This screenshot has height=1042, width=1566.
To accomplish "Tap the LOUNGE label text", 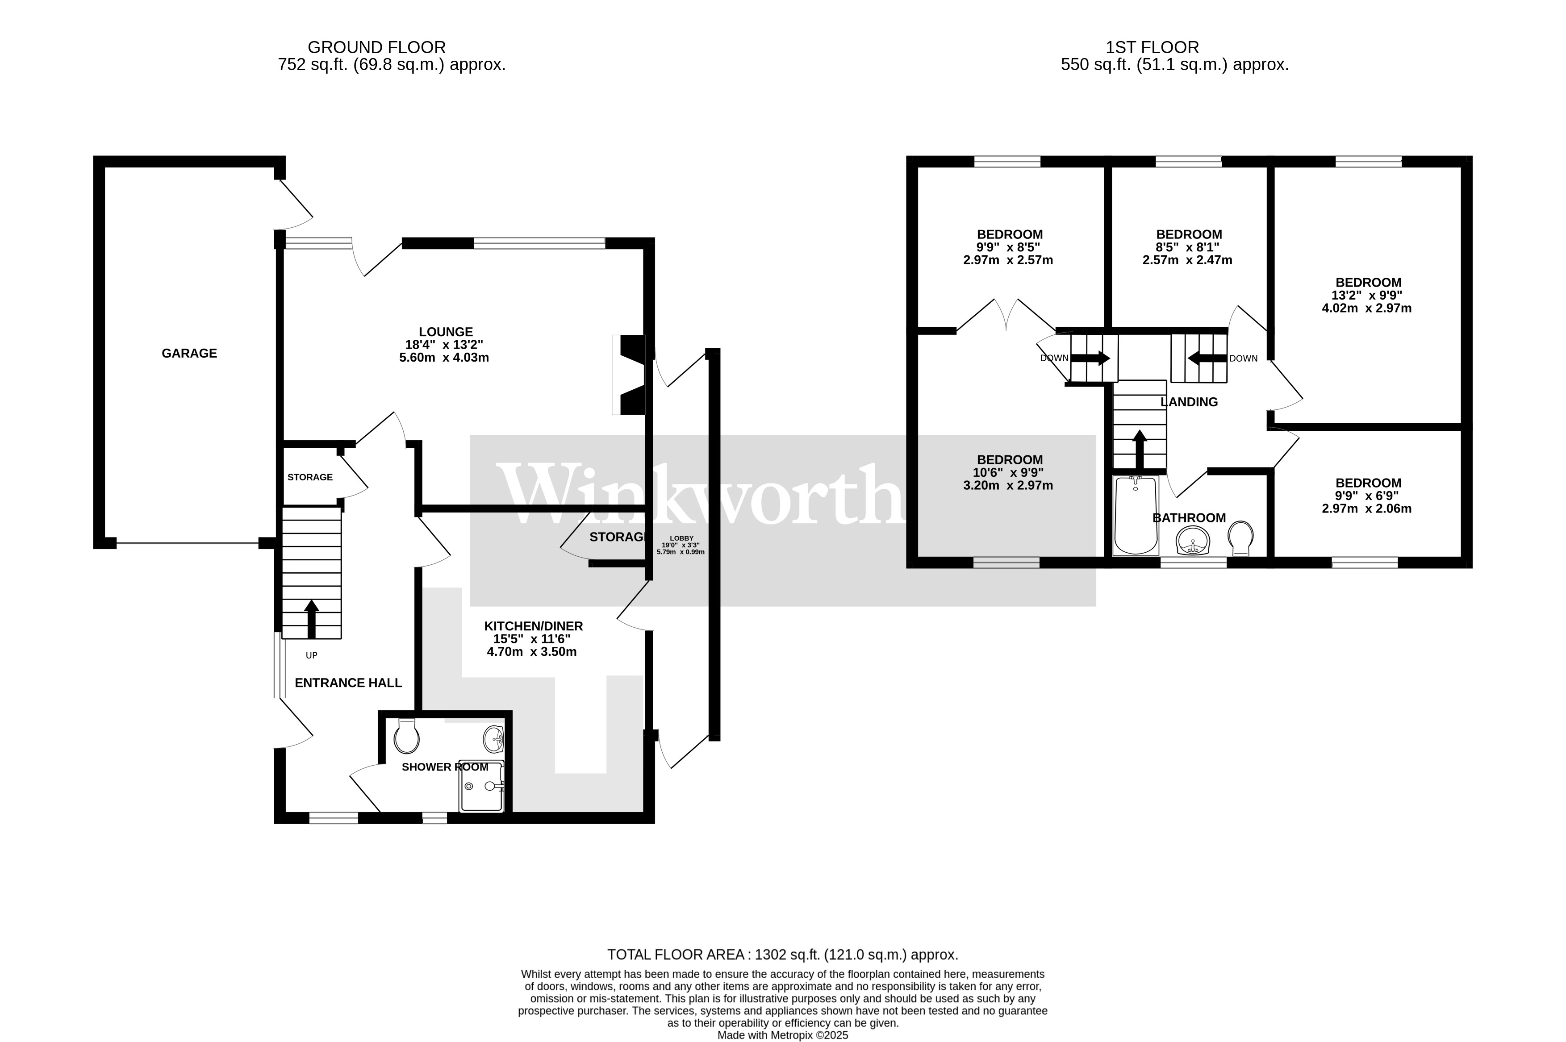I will pyautogui.click(x=445, y=332).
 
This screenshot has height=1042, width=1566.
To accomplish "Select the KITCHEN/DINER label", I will pyautogui.click(x=533, y=626).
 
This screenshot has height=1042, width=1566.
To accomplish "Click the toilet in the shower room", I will pyautogui.click(x=406, y=738).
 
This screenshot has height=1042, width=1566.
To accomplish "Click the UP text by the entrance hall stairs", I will pyautogui.click(x=311, y=655).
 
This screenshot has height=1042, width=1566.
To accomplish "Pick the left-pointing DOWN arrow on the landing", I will pyautogui.click(x=1207, y=358).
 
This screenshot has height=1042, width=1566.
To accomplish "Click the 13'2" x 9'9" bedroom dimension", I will pyautogui.click(x=1367, y=295).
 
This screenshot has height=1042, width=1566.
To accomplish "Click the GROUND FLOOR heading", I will pyautogui.click(x=376, y=47).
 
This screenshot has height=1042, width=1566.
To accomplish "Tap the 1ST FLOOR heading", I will pyautogui.click(x=1152, y=47).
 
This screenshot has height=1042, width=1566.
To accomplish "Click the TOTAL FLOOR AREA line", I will pyautogui.click(x=782, y=955).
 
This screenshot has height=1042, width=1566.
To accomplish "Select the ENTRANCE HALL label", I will pyautogui.click(x=348, y=683).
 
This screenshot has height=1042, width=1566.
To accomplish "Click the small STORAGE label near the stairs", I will pyautogui.click(x=310, y=477).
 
